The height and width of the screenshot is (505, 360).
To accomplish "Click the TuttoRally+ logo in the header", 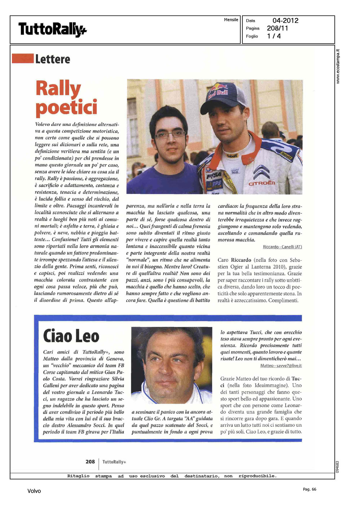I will [x=52, y=30].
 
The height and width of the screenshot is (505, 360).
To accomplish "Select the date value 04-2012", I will [x=285, y=21].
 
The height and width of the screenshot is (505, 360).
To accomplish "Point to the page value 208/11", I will [x=277, y=28].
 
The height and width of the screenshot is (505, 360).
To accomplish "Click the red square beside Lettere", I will [x=22, y=58].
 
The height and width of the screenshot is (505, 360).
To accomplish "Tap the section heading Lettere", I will [x=53, y=59].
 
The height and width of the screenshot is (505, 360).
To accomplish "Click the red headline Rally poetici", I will [x=66, y=98].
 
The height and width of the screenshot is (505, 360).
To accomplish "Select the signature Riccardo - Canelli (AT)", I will [x=282, y=247].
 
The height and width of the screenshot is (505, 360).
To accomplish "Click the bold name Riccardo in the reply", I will [x=241, y=260].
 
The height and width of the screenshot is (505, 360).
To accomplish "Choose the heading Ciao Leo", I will [x=71, y=336].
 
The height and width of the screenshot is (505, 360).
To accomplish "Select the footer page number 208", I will [x=90, y=462].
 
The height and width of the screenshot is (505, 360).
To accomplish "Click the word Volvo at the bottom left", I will [x=34, y=491].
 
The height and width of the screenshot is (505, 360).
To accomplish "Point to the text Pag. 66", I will [x=309, y=489].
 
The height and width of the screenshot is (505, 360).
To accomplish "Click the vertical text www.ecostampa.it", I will [x=338, y=66].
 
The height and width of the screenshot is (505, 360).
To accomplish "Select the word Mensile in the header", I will [x=231, y=20].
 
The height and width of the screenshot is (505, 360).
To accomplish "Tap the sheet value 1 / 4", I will [x=274, y=36].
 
